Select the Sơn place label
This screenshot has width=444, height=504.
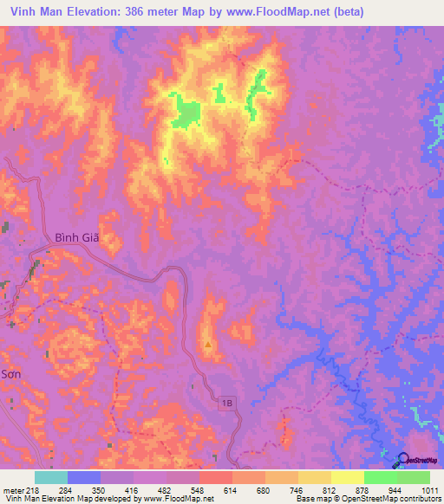coord(10,374)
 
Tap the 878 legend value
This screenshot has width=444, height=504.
coord(363,490)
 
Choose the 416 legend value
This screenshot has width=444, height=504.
coord(134,490)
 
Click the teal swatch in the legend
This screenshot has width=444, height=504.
coord(50,477)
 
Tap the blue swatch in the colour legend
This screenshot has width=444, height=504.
coord(83,477)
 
